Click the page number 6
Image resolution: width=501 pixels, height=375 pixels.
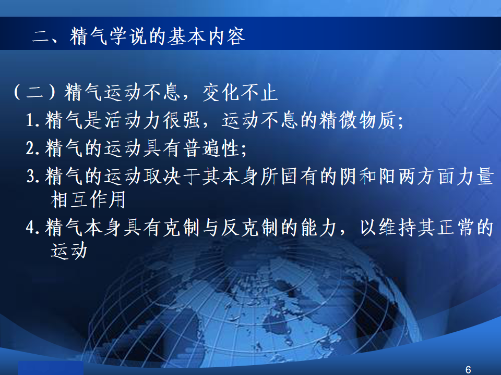coord(468,370)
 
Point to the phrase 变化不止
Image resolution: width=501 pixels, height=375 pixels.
coord(240,93)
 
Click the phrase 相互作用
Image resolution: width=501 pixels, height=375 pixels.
coord(88,199)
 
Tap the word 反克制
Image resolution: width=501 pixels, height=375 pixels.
coord(250,228)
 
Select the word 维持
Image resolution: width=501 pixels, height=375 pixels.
coord(398,228)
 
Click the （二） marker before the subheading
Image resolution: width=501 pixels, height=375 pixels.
coord(34,93)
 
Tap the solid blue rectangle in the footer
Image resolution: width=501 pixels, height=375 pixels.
coord(51,368)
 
